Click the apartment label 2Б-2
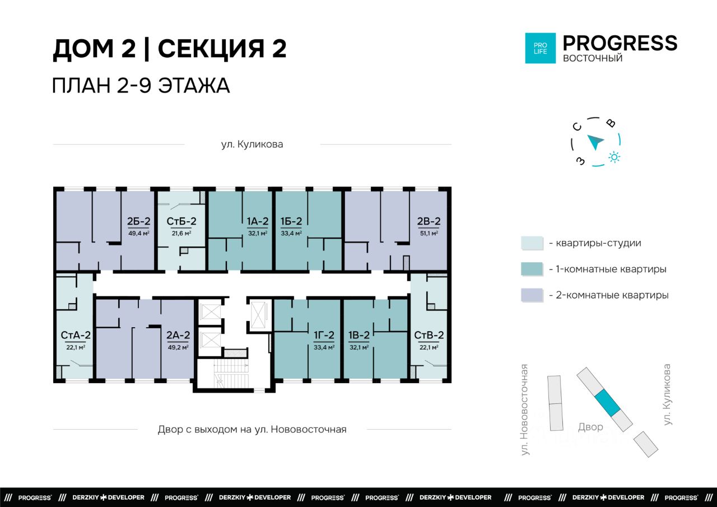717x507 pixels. click(138, 221)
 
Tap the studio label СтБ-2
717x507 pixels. click(181, 221)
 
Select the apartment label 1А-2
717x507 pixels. click(257, 221)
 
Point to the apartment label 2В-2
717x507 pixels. click(429, 221)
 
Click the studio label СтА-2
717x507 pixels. click(76, 335)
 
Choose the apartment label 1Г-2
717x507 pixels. click(324, 335)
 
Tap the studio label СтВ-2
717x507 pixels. click(429, 335)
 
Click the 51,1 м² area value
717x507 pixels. click(429, 234)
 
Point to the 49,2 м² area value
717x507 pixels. click(178, 347)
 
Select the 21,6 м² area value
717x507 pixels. click(181, 234)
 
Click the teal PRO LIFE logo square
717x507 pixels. click(541, 48)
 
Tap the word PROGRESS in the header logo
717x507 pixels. click(620, 43)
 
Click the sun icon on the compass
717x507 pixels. click(614, 157)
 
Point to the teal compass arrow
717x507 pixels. click(595, 142)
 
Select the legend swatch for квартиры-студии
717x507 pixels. click(532, 243)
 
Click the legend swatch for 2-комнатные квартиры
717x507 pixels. click(532, 295)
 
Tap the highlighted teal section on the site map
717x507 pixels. click(607, 403)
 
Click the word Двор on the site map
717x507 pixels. click(590, 427)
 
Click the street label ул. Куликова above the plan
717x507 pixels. click(252, 145)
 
